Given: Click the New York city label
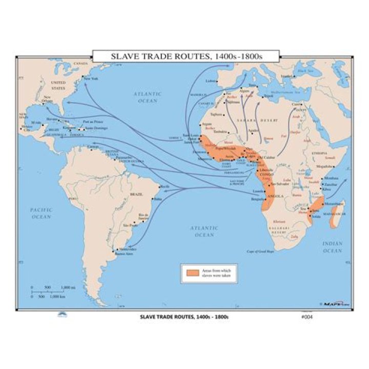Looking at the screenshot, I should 91,78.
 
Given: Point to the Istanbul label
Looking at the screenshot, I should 286,76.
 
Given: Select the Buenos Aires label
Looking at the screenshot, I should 124,254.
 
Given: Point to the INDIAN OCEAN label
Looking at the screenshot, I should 332,248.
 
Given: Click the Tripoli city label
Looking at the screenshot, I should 269,96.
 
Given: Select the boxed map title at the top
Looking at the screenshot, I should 185,55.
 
